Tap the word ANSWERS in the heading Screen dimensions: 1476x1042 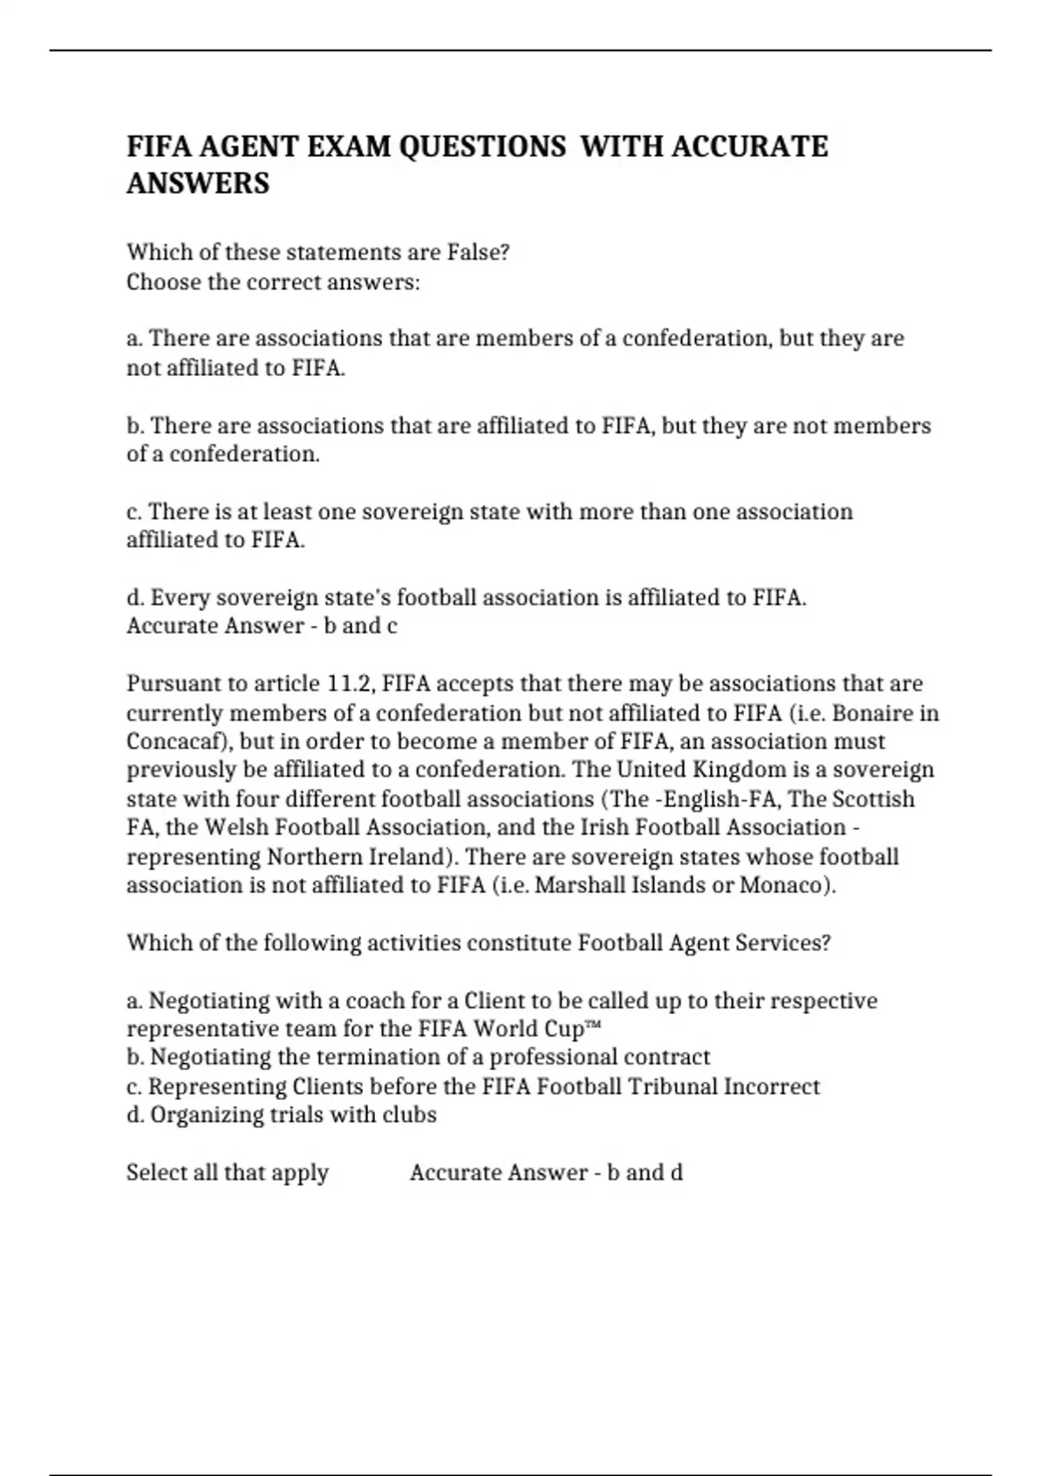tap(198, 184)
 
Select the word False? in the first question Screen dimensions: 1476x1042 tap(478, 253)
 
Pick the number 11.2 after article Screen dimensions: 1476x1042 tap(350, 684)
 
